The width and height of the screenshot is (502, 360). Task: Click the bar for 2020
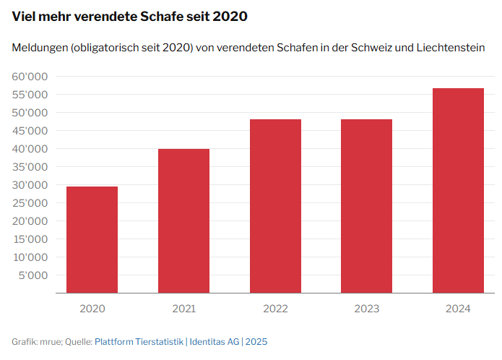click(92, 239)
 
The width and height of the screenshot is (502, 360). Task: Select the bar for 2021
click(184, 220)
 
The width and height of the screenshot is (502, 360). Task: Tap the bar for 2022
click(275, 206)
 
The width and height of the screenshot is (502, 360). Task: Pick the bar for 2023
click(367, 206)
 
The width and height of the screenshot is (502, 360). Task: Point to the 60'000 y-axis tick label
click(30, 77)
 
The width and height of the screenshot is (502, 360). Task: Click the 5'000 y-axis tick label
click(33, 275)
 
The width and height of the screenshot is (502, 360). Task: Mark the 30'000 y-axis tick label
click(30, 185)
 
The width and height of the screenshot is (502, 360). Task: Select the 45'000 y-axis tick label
click(30, 131)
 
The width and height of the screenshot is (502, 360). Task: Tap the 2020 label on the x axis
click(92, 309)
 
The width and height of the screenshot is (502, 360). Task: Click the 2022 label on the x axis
click(275, 309)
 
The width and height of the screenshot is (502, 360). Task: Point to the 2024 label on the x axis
click(458, 309)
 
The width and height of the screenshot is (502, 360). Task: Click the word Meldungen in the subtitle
click(39, 48)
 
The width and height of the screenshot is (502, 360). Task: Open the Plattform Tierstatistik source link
click(139, 341)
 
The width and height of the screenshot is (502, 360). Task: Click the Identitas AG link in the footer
click(214, 341)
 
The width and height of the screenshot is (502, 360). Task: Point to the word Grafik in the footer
click(25, 341)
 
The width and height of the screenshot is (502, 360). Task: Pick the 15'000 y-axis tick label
click(30, 239)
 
